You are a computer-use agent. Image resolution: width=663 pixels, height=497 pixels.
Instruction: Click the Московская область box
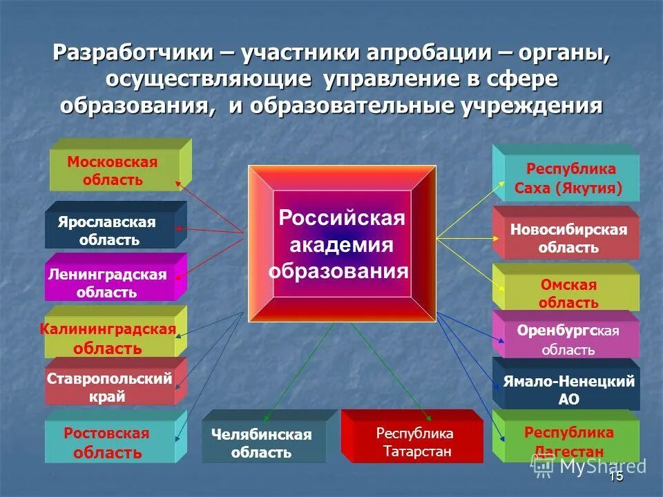coord(113,170)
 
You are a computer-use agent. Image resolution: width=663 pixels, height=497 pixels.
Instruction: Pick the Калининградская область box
coord(109,338)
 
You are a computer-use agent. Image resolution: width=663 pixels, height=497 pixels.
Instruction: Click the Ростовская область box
coord(108,442)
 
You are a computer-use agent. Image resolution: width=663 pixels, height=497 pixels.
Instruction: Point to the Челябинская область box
coord(262,443)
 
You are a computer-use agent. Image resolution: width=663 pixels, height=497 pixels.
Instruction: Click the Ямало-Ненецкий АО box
coord(568,389)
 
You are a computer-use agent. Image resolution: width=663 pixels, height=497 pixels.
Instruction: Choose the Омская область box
coord(568,293)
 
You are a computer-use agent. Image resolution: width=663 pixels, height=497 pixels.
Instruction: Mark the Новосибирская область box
coord(568,238)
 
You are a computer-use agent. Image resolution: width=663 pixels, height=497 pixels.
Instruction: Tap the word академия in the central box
coord(341,244)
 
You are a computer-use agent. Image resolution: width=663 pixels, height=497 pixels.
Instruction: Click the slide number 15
coord(616,476)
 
